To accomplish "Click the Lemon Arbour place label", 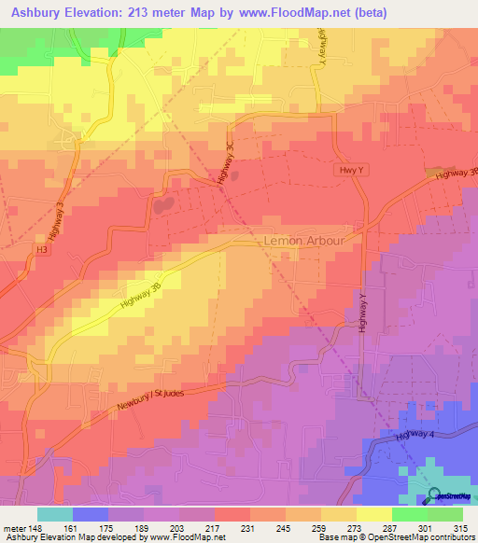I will pos(312,240).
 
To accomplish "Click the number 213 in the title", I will pos(155,14).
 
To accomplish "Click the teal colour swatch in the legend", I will pos(54,513).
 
